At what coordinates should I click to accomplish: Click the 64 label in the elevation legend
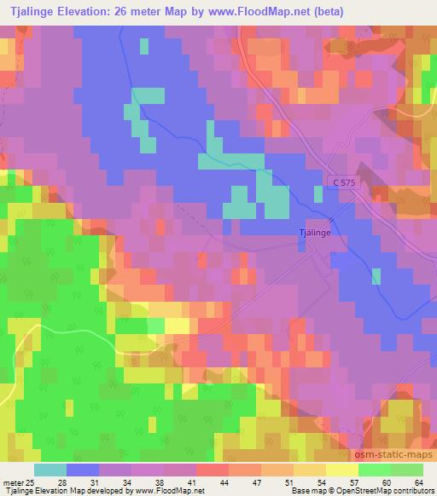(417, 482)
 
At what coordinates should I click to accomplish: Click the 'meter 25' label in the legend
(19, 482)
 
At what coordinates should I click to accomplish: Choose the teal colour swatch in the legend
(50, 470)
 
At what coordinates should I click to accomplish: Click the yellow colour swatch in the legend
(341, 470)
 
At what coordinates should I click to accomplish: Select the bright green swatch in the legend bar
(374, 470)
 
